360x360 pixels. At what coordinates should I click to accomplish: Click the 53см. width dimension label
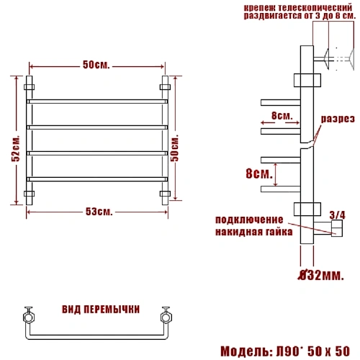point(99,212)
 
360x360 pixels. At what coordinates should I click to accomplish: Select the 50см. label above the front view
point(96,65)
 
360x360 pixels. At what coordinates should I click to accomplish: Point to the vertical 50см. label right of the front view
point(175,148)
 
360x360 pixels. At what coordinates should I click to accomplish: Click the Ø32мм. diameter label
point(321,276)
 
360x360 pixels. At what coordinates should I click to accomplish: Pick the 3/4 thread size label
point(338,215)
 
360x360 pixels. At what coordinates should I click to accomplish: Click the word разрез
point(338,119)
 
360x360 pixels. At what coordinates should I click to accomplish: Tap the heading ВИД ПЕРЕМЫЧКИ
point(101,310)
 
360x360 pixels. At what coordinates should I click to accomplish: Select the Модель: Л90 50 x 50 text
point(285,351)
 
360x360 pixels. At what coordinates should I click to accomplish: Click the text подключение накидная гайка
point(254,226)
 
